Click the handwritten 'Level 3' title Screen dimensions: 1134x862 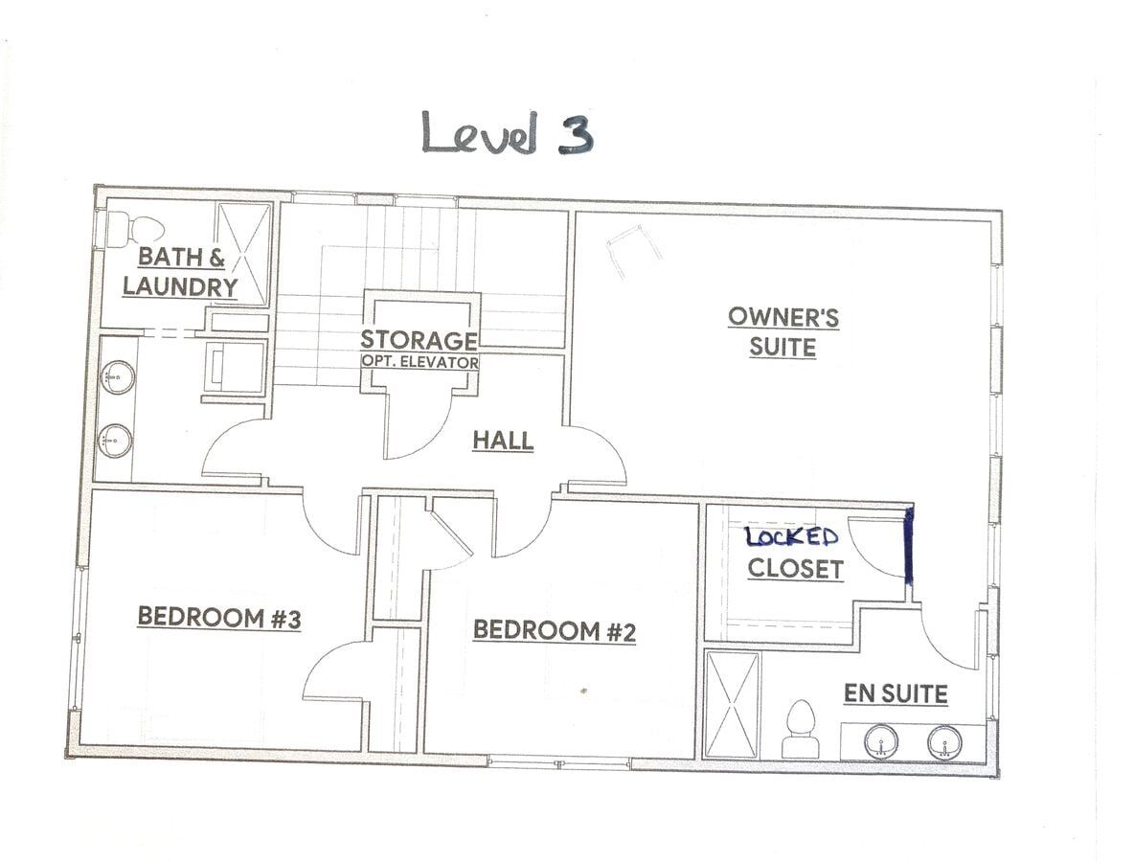point(508,132)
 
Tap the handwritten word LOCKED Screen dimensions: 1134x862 point(792,537)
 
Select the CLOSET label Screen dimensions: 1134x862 point(796,569)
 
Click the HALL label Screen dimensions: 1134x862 point(504,441)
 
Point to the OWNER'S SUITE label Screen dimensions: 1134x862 point(783,332)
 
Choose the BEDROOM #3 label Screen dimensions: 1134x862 point(219,618)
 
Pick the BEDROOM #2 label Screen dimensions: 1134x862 point(555,630)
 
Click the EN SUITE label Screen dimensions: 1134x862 point(896,694)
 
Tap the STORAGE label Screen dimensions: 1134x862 point(419,340)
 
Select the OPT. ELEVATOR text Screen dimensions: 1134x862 point(420,362)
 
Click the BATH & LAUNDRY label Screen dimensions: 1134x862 point(180,271)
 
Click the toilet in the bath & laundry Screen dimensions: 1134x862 point(135,229)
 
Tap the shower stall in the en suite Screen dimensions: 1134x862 point(733,705)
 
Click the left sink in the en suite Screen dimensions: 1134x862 point(881,742)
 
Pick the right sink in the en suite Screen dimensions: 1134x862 point(944,742)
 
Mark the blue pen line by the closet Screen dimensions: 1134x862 point(909,545)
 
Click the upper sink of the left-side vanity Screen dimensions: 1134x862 point(115,376)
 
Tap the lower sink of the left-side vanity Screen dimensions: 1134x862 point(115,440)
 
